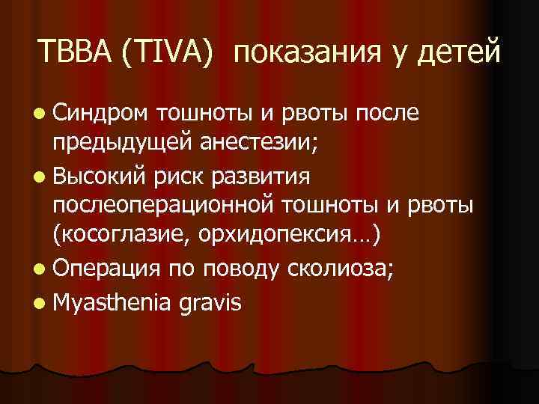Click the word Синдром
click(x=101, y=113)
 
